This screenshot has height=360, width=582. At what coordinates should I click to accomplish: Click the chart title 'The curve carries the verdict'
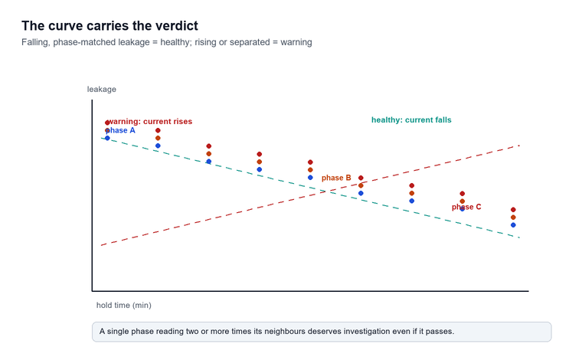110,25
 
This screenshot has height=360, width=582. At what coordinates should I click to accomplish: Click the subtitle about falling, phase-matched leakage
167,42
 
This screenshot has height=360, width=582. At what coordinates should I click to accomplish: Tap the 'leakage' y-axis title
102,89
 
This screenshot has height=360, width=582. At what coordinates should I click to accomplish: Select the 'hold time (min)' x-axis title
124,305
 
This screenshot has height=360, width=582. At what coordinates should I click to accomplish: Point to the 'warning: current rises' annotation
149,121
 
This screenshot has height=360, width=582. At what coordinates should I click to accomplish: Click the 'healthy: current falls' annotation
411,120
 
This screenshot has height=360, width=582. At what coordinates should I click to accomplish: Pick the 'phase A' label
120,130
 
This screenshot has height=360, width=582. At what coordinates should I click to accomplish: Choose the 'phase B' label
336,178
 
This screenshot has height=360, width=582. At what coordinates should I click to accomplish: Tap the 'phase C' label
466,207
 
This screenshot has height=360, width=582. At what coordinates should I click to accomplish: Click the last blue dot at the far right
513,225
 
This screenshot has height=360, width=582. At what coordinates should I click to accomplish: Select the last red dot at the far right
513,210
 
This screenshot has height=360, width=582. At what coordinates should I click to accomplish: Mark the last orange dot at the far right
513,218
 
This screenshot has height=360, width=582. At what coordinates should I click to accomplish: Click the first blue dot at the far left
107,138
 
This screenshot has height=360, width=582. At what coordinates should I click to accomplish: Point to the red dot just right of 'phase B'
361,178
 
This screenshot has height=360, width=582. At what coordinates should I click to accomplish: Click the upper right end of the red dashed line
519,146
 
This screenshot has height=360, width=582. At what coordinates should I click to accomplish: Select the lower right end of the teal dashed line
519,237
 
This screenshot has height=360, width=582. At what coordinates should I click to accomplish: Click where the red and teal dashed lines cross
323,191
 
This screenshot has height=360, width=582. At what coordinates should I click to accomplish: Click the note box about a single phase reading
322,332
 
